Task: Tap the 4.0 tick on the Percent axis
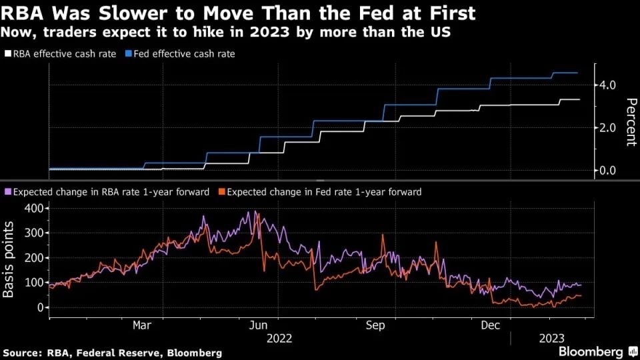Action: (607, 85)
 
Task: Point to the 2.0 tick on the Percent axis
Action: (607, 127)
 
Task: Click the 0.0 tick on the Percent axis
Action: (607, 170)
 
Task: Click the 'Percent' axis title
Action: (631, 122)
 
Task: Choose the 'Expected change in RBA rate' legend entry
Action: (108, 192)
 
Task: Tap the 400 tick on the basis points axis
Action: (34, 208)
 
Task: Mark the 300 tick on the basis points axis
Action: (34, 233)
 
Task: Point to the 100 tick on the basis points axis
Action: (34, 283)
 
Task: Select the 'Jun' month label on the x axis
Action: (258, 325)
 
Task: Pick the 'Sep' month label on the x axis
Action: (375, 325)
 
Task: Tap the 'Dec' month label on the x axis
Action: (491, 325)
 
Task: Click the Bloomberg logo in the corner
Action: (595, 351)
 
